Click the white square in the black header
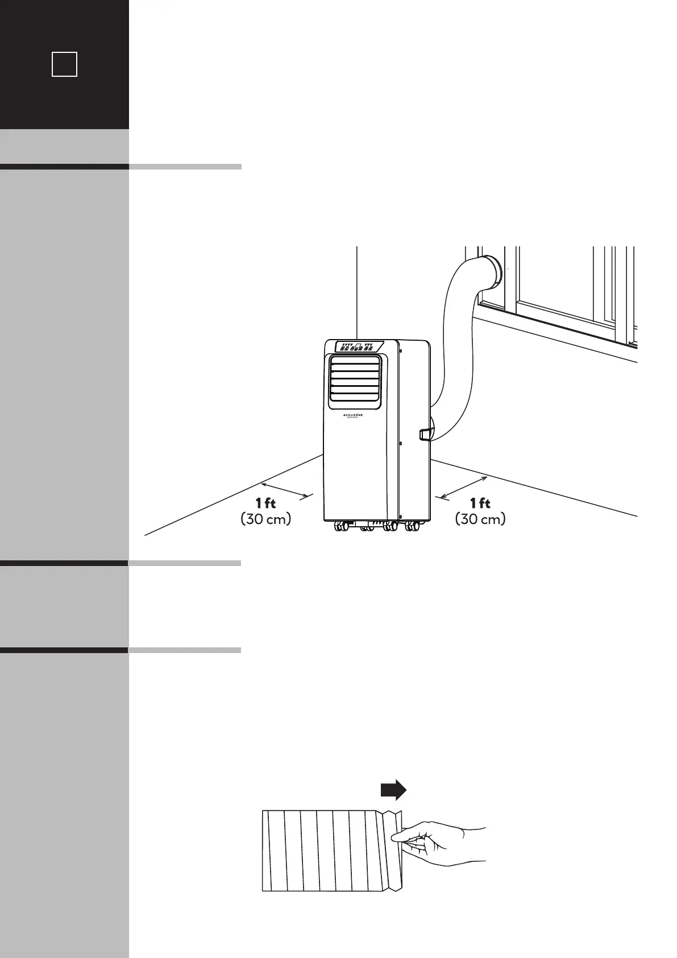pyautogui.click(x=64, y=64)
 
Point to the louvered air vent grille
pyautogui.click(x=355, y=383)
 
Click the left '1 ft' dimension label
pyautogui.click(x=265, y=503)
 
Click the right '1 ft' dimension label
pyautogui.click(x=480, y=503)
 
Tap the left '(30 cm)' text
pyautogui.click(x=266, y=519)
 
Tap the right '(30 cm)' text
pyautogui.click(x=480, y=519)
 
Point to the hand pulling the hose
pyautogui.click(x=443, y=845)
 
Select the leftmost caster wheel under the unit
pyautogui.click(x=342, y=527)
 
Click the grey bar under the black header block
pyautogui.click(x=64, y=147)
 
